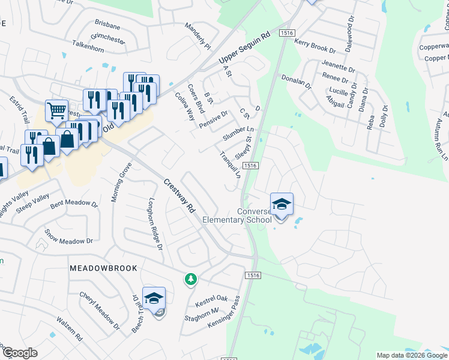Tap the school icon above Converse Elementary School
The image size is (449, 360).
tap(282, 205)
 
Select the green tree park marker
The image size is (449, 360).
tap(190, 279)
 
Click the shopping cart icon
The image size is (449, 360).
tap(56, 110)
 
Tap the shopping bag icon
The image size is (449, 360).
tap(67, 139)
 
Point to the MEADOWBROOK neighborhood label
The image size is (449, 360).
tap(103, 268)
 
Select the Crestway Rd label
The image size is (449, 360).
tap(181, 197)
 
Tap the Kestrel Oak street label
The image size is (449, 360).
tap(211, 300)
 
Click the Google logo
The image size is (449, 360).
tap(19, 353)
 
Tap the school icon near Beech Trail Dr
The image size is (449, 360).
tap(154, 298)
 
